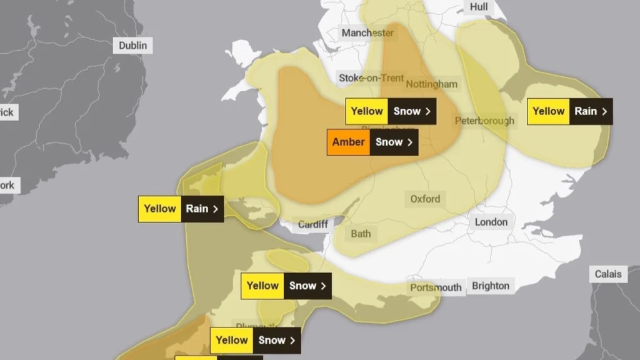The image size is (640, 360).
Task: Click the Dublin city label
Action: tap(133, 45)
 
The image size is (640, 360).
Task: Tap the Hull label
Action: tap(478, 6)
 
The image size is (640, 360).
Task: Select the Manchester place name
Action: tap(367, 32)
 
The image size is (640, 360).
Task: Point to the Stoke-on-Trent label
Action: tap(371, 78)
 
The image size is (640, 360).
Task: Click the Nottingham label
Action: tap(432, 84)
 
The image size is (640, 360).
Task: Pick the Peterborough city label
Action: tap(485, 121)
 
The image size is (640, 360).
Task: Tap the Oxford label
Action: tap(425, 199)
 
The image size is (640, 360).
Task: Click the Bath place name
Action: tap(361, 234)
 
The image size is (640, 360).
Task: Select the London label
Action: tap(491, 222)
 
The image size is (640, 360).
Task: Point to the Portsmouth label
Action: tap(436, 287)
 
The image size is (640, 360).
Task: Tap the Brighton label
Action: tap(491, 286)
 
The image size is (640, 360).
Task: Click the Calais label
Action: tap(608, 274)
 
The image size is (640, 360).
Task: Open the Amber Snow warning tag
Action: tap(372, 142)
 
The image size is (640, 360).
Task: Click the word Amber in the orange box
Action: tap(348, 142)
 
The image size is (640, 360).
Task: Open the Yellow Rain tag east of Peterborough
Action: tap(569, 111)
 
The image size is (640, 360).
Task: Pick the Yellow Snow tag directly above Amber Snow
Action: tap(391, 111)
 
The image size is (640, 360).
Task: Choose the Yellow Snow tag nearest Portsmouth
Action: tap(286, 286)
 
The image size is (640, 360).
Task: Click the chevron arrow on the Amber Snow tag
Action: tap(410, 142)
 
